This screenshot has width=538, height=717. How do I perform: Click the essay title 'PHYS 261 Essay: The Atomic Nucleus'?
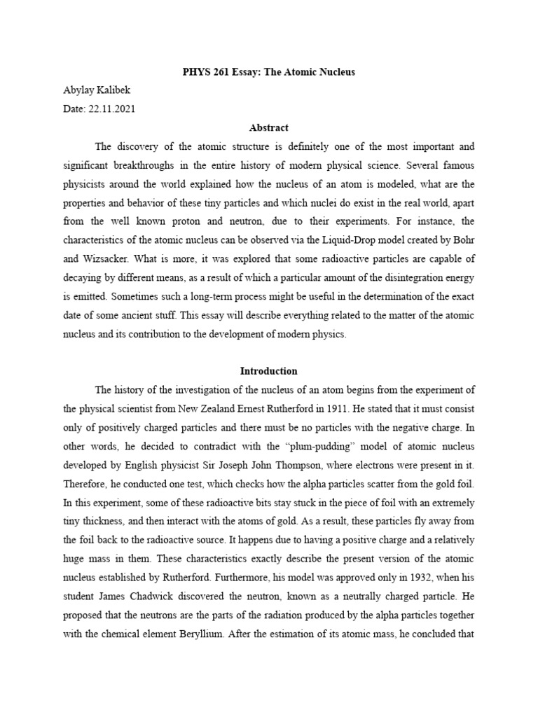(269, 73)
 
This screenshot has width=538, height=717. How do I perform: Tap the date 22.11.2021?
(111, 109)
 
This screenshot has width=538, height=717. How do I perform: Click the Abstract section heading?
(269, 127)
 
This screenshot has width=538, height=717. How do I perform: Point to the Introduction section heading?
(269, 371)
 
